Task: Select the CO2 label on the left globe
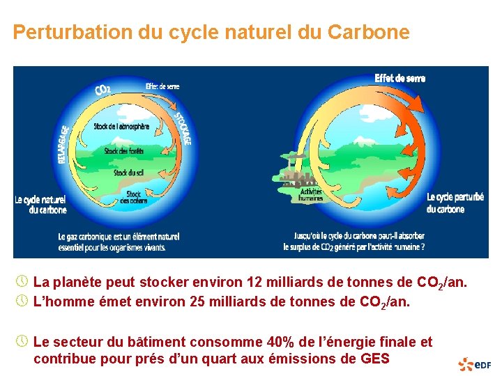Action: (102, 88)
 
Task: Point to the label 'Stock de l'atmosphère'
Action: (121, 127)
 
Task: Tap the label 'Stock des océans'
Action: (133, 198)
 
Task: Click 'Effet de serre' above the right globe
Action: (400, 78)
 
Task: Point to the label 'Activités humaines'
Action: (311, 194)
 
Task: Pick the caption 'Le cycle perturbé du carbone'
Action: (455, 203)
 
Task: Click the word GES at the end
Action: (374, 359)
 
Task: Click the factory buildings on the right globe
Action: (293, 177)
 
